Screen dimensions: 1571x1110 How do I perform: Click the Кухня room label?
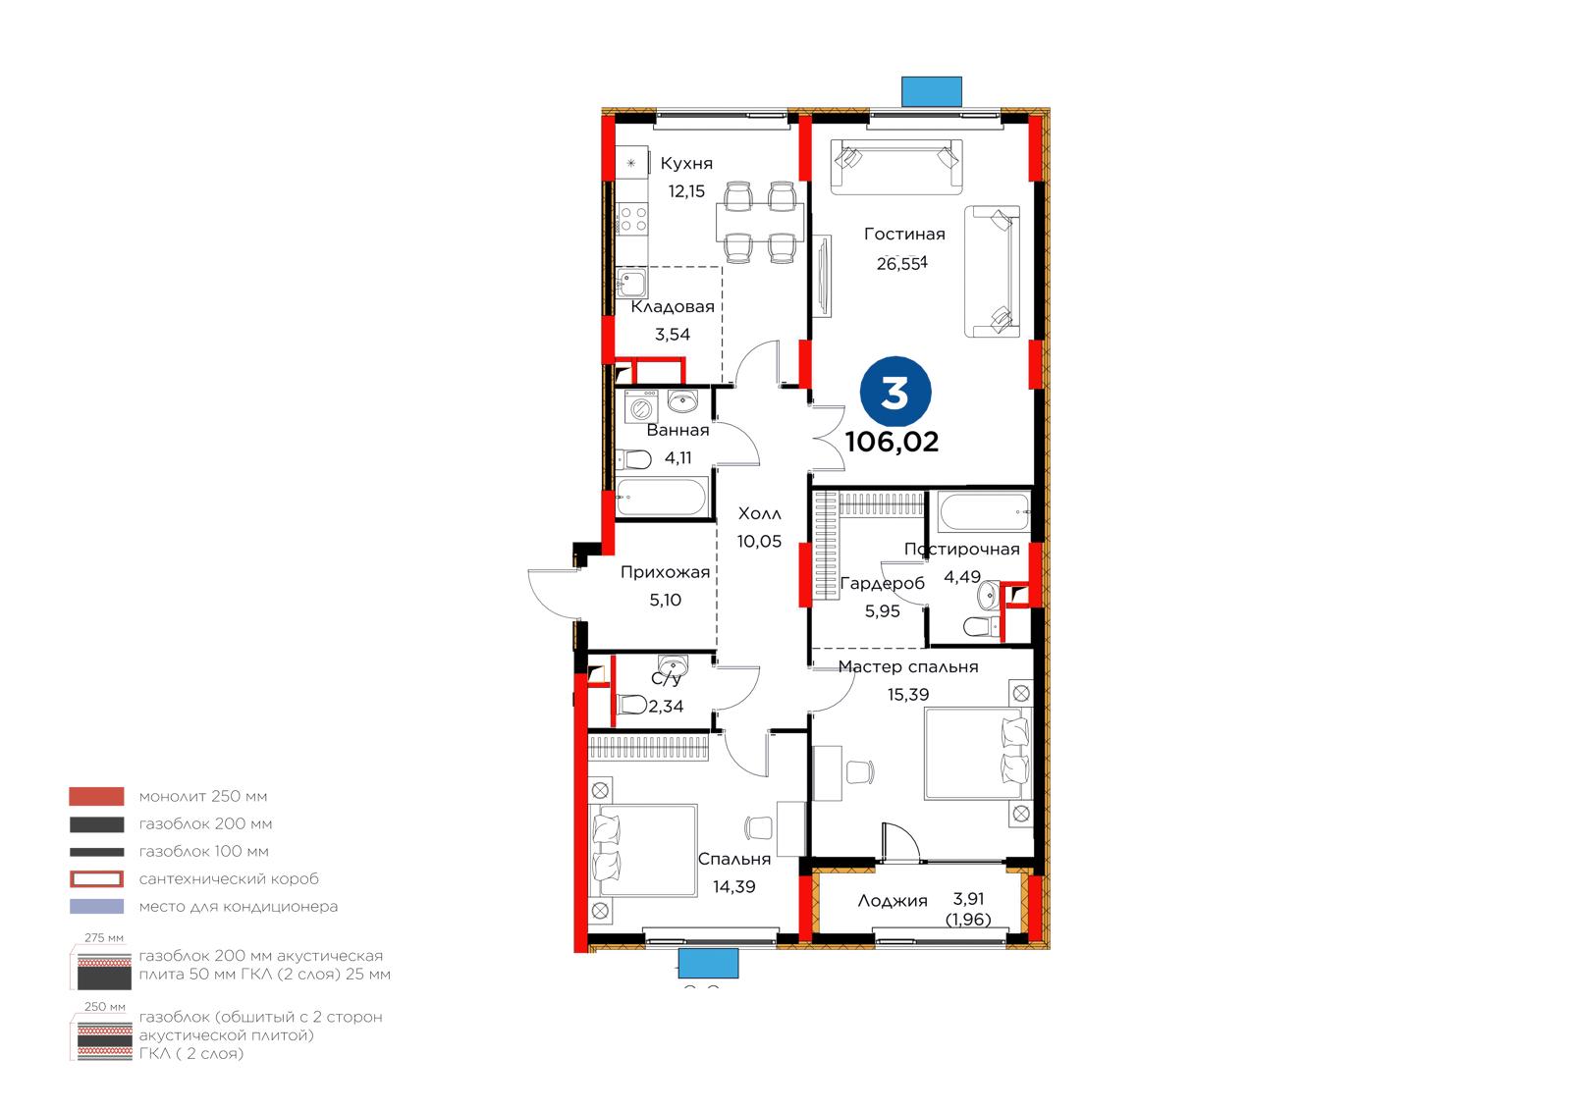click(x=686, y=164)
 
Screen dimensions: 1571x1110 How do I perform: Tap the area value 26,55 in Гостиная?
click(x=901, y=264)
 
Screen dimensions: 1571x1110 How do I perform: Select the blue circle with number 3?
click(x=895, y=393)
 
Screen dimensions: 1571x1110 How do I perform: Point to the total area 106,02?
click(x=892, y=442)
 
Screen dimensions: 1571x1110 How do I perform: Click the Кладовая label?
click(x=672, y=306)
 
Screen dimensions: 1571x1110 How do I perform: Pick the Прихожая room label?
click(x=665, y=572)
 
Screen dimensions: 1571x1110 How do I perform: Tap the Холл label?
click(x=760, y=514)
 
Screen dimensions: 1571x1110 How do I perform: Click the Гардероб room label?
click(x=883, y=583)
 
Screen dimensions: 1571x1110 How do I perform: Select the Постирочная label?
click(x=961, y=549)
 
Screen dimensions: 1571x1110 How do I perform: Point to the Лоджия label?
click(x=893, y=901)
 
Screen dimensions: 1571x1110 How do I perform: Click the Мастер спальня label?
click(x=907, y=666)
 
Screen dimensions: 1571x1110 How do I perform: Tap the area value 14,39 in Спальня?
click(x=734, y=887)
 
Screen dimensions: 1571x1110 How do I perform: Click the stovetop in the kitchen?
click(x=632, y=218)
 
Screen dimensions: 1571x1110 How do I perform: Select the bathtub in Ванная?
click(x=661, y=497)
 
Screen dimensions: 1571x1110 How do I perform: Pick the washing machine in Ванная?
click(x=640, y=407)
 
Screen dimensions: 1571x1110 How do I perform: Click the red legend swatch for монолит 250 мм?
click(x=97, y=797)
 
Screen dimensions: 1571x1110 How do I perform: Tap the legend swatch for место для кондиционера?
click(x=97, y=907)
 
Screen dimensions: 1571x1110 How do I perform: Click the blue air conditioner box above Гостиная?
click(x=932, y=91)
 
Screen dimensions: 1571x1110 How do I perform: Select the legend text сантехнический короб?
click(x=229, y=879)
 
